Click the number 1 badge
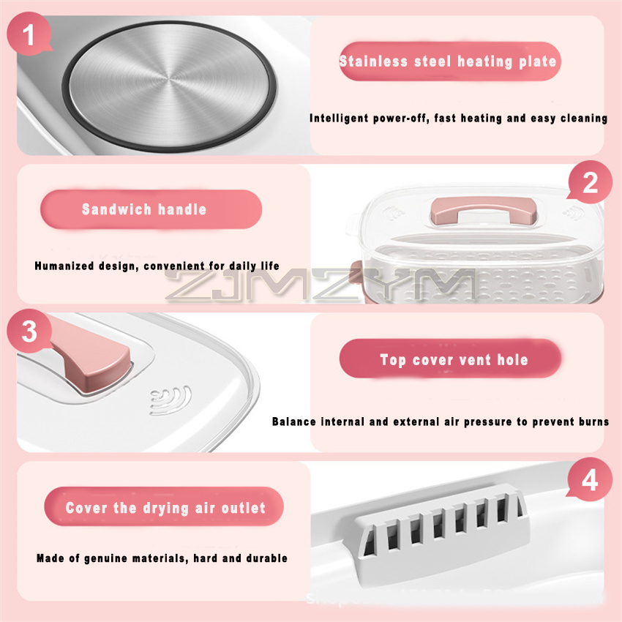pyautogui.click(x=29, y=36)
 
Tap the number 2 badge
pyautogui.click(x=591, y=183)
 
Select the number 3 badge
pyautogui.click(x=29, y=331)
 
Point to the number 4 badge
pyautogui.click(x=590, y=481)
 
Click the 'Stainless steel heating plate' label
pyautogui.click(x=448, y=61)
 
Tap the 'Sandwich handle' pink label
pyautogui.click(x=144, y=209)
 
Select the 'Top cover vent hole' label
pyautogui.click(x=454, y=359)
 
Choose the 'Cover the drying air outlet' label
pyautogui.click(x=165, y=508)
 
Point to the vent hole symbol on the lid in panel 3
pyautogui.click(x=170, y=400)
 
